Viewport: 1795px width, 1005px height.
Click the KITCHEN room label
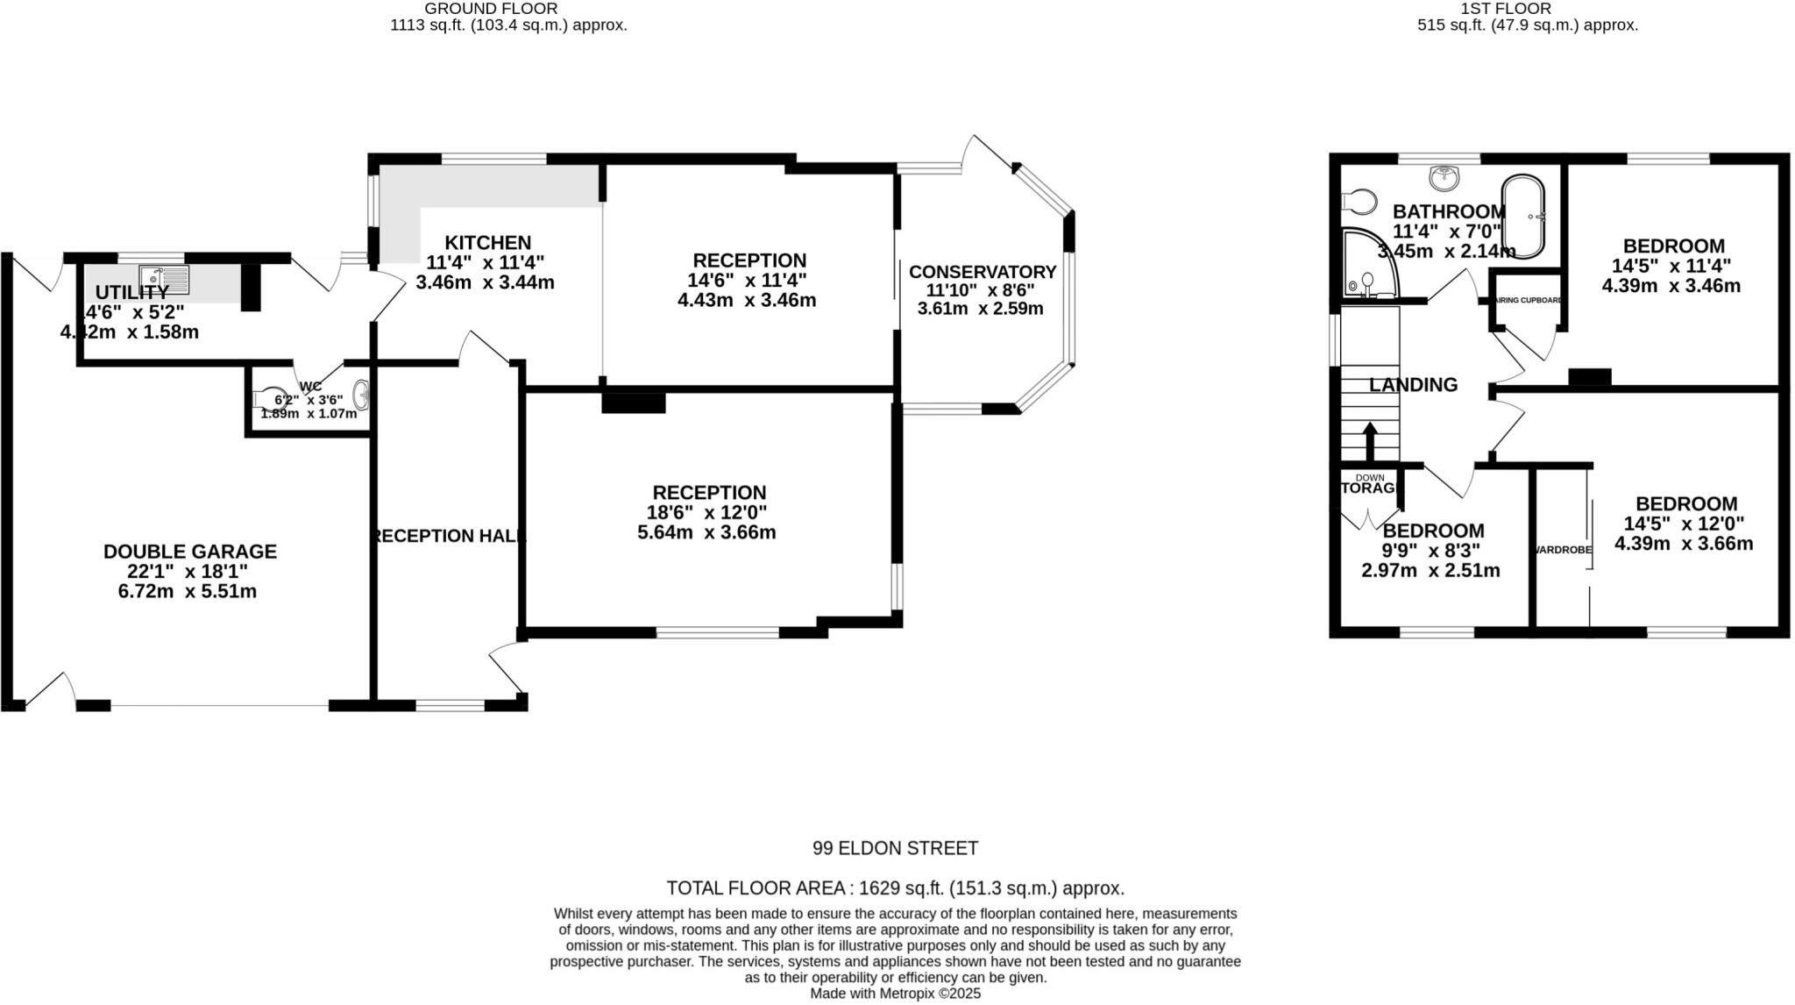point(487,243)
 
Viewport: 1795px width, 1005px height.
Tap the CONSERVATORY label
point(982,272)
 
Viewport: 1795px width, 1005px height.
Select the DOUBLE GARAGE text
point(190,552)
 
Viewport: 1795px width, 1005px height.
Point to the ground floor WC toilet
point(269,398)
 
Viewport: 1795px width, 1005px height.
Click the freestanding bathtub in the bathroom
point(1524,217)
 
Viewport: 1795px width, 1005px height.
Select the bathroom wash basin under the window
point(1444,179)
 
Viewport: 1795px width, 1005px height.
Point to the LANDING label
point(1413,385)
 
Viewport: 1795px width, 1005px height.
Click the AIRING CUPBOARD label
point(1528,300)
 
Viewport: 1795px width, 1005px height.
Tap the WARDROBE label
point(1563,550)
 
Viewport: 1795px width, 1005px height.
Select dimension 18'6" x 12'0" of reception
point(708,513)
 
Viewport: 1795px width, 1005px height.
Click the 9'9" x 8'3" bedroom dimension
point(1431,551)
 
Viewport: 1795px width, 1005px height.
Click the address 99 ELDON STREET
point(895,848)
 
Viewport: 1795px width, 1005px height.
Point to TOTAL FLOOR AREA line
point(895,887)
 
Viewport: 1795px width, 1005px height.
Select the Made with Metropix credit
point(895,994)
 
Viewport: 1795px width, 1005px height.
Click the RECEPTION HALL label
point(448,536)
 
